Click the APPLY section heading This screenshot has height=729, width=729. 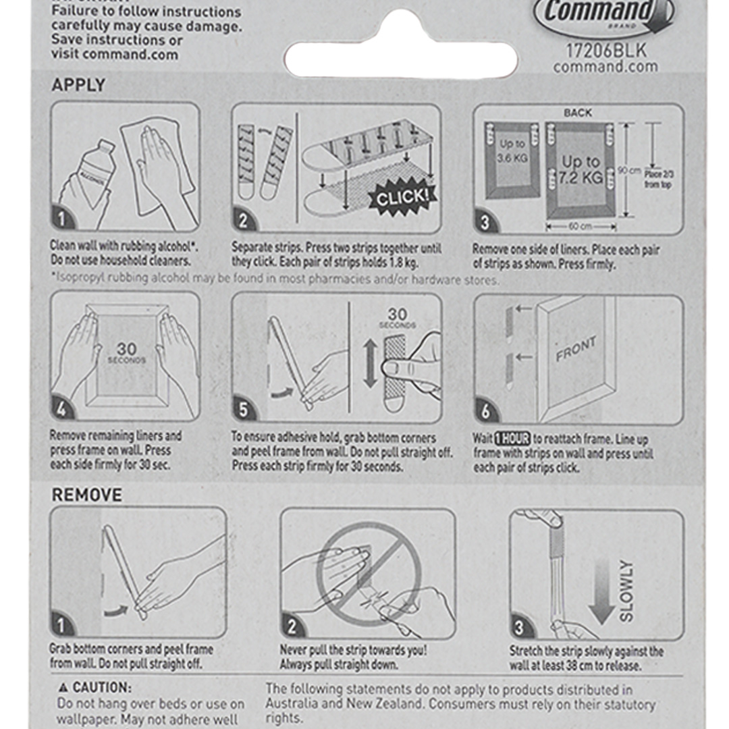[x=78, y=85]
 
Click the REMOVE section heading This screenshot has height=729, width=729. [x=87, y=495]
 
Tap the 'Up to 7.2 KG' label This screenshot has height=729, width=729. [x=581, y=170]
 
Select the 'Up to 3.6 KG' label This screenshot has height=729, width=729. [x=511, y=151]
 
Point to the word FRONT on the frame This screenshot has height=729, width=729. [x=576, y=349]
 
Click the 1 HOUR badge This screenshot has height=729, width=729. [x=512, y=438]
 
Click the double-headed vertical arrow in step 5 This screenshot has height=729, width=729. [x=370, y=363]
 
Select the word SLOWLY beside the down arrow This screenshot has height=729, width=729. [x=626, y=591]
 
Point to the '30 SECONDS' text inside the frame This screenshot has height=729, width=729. [x=126, y=353]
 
